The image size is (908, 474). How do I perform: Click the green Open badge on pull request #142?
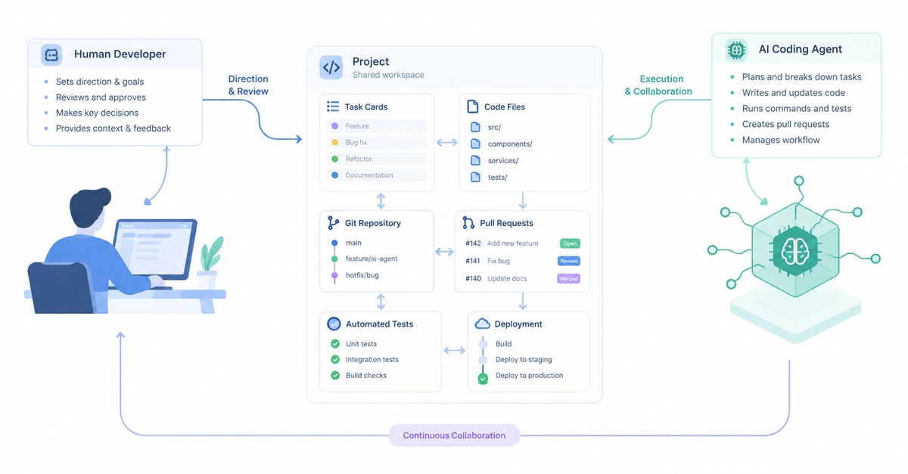[570, 243]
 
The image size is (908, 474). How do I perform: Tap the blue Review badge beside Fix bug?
[569, 261]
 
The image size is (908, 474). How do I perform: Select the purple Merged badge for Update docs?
[568, 279]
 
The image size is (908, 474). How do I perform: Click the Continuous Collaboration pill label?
[454, 435]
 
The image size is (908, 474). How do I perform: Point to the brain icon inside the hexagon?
[795, 252]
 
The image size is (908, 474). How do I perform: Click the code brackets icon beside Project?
[331, 67]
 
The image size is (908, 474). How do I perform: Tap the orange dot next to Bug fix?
[334, 143]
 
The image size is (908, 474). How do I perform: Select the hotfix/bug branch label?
[362, 275]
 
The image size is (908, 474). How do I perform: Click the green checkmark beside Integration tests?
[335, 359]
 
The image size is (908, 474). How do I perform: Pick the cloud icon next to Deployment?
[483, 324]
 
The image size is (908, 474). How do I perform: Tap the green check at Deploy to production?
[483, 380]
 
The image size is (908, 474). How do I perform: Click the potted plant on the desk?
[210, 262]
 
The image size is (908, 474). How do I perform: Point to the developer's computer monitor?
[154, 249]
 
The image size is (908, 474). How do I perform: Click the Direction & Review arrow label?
[248, 85]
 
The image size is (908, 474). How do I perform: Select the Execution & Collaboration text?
[658, 85]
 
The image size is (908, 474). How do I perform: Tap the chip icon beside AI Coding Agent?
[736, 50]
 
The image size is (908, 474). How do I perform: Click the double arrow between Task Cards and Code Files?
[446, 143]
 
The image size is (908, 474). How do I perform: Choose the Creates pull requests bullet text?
[785, 125]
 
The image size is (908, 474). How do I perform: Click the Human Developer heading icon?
[51, 55]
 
